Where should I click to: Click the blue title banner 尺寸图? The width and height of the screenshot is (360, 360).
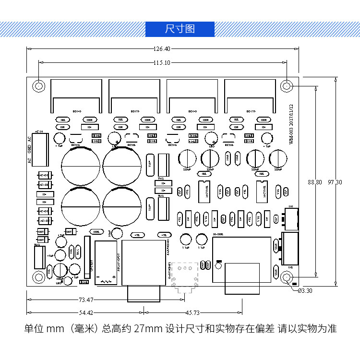(180, 29)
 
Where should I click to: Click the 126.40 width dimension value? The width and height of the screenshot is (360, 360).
(162, 48)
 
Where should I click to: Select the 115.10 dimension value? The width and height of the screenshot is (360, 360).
(162, 62)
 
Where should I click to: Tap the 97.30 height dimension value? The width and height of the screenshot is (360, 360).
(335, 182)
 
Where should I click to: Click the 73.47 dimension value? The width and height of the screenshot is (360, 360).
(86, 300)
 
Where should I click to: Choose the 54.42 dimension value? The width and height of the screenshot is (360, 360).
(86, 313)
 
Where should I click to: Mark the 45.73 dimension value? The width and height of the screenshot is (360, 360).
(192, 313)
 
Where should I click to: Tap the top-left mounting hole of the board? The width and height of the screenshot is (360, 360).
(38, 85)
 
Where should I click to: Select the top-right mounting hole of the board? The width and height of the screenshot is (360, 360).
(287, 85)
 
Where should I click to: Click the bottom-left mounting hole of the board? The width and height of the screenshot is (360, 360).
(38, 277)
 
